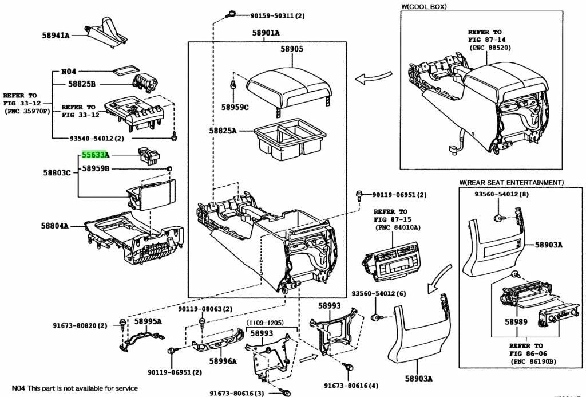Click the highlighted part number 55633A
click(x=95, y=155)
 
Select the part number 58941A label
click(x=56, y=36)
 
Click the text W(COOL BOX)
click(x=423, y=6)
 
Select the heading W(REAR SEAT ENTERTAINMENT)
click(x=511, y=182)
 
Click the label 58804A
click(x=54, y=226)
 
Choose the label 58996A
click(x=223, y=361)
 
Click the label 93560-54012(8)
click(x=504, y=195)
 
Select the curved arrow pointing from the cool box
click(x=373, y=77)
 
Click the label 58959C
click(x=235, y=107)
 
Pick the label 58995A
click(x=148, y=321)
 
